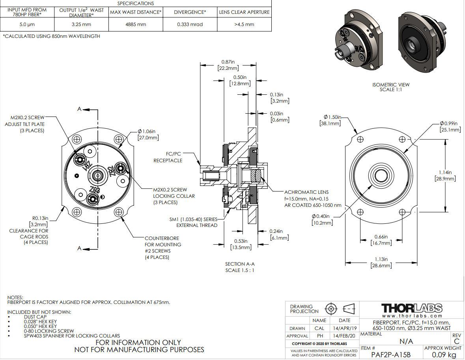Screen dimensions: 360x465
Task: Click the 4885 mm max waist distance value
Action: [136, 24]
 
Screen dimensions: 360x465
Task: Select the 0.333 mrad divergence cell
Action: [190, 24]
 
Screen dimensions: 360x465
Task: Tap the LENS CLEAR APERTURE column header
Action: [244, 12]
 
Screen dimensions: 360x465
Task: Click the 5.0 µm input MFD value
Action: [27, 24]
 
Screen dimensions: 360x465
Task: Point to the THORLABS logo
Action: [411, 308]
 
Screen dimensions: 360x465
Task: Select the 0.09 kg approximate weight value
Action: [443, 354]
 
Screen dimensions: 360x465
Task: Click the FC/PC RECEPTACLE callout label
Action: [168, 157]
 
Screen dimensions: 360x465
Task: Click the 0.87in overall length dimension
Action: [228, 62]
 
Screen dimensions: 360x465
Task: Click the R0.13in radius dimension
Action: [41, 218]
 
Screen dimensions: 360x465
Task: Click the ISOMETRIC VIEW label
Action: [391, 84]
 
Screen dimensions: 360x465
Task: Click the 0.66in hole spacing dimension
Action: [382, 237]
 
